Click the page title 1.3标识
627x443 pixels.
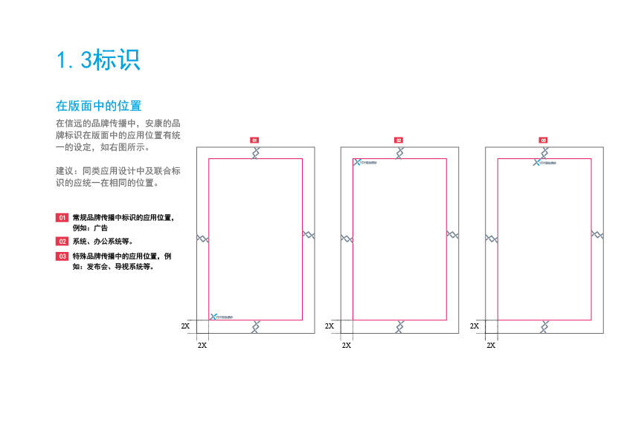[x=99, y=60]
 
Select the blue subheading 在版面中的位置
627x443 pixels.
[x=99, y=106]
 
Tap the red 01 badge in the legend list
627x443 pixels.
[x=62, y=218]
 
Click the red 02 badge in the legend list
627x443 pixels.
[x=62, y=241]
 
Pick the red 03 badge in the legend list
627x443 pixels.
[x=62, y=256]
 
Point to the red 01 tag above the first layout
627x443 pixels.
[x=254, y=140]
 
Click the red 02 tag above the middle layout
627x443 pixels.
[x=399, y=140]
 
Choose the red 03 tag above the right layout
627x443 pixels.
[x=543, y=140]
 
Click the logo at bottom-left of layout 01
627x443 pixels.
[x=221, y=317]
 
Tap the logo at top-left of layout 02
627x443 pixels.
[x=365, y=162]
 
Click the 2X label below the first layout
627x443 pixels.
[x=202, y=346]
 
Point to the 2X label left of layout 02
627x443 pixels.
[x=329, y=326]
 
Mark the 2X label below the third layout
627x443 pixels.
[x=491, y=346]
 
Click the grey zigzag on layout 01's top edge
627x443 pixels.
[x=256, y=152]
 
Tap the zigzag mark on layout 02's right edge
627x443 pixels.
[x=452, y=235]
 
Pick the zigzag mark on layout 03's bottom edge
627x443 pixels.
[x=544, y=326]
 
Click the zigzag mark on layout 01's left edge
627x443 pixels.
[x=202, y=239]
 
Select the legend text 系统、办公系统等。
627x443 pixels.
[x=103, y=241]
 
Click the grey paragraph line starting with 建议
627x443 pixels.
[x=118, y=171]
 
